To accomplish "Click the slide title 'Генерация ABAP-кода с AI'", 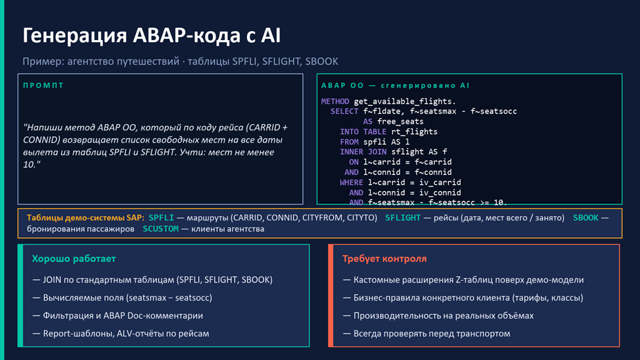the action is coord(151,35).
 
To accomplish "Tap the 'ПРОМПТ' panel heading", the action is coord(43,85).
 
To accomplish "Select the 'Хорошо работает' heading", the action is coord(74,259).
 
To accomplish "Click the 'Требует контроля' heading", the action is coord(384,259).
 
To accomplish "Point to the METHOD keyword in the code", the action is coord(335,101).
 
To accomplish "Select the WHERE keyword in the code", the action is coord(352,183).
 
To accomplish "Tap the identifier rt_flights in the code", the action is coord(414,132).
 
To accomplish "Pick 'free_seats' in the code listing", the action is coord(400,122).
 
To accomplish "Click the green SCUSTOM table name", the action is coord(160,229).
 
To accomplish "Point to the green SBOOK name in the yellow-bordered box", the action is coord(585,218).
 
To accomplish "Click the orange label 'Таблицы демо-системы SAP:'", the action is coord(85,218).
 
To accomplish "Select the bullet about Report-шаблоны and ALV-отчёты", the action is coord(121,334).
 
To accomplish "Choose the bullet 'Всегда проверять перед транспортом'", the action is coord(426,334).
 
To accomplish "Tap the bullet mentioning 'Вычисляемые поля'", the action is coord(122,298).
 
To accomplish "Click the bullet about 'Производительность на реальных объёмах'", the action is coord(438,316).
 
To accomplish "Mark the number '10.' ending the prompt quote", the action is coord(30,164).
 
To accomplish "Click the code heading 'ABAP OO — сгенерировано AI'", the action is coord(395,85).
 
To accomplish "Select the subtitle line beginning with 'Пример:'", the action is coord(180,62).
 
